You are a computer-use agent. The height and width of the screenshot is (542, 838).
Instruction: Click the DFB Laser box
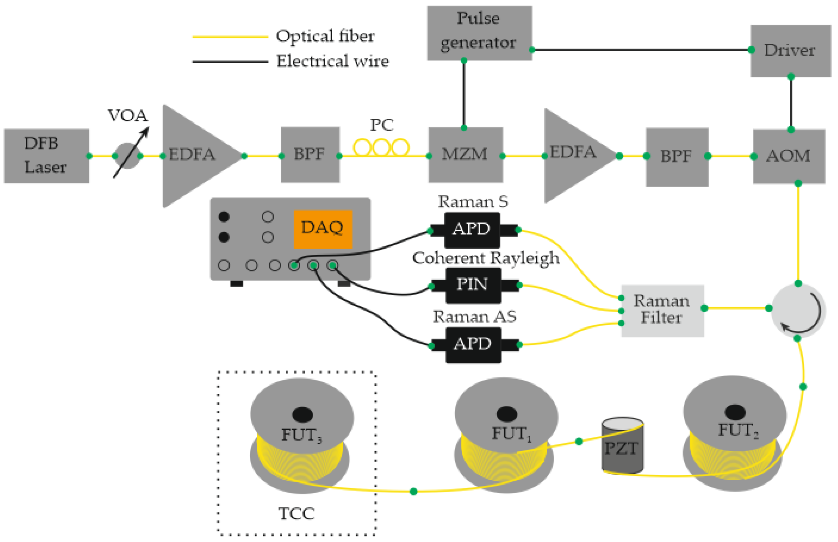click(47, 156)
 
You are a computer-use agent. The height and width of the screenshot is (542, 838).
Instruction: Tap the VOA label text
click(128, 115)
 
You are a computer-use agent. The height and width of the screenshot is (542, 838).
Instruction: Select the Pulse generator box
click(479, 33)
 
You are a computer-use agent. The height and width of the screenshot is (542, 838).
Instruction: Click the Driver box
click(790, 50)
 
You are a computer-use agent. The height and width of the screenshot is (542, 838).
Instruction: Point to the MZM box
click(465, 155)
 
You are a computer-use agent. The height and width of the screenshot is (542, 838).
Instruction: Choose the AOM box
click(789, 156)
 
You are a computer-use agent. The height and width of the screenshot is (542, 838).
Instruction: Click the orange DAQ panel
click(323, 229)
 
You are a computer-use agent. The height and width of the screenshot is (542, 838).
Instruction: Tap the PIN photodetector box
click(473, 285)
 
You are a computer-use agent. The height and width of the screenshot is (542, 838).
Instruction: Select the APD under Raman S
click(472, 230)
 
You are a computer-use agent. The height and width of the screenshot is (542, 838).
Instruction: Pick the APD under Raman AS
click(473, 345)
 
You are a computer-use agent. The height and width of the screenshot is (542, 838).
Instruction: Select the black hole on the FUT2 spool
click(735, 412)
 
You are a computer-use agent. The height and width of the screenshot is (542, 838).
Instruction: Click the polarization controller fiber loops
click(381, 147)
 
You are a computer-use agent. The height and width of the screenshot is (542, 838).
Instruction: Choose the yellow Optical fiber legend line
click(230, 36)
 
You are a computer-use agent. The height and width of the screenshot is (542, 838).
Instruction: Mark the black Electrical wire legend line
click(230, 61)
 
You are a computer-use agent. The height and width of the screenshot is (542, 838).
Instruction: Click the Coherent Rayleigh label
click(486, 258)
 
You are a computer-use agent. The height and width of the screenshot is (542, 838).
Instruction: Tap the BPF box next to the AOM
click(676, 157)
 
